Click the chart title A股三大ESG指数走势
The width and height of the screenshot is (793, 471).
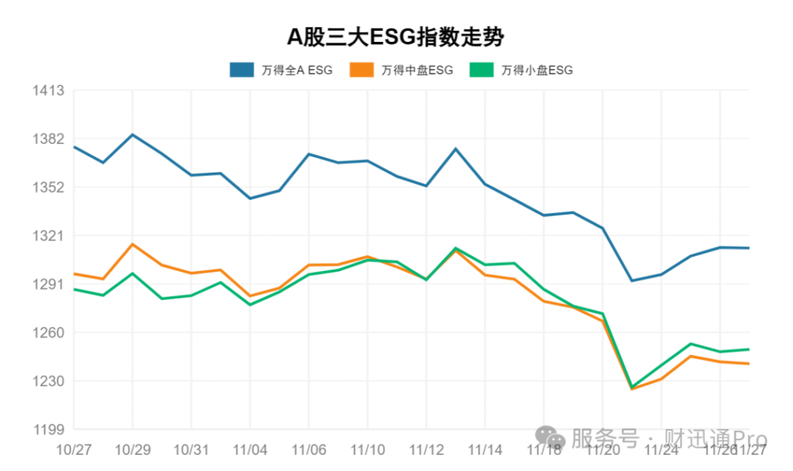396,36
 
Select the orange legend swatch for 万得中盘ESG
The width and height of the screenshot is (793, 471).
362,70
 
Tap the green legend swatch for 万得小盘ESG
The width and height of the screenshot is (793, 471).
482,70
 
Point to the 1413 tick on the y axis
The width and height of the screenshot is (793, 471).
49,91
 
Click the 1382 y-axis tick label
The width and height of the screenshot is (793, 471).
49,139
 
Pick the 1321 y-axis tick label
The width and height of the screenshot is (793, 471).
49,235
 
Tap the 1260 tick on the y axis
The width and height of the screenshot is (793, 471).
49,332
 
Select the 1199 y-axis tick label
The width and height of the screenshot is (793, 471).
49,429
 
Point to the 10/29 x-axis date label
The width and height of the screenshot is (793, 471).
132,450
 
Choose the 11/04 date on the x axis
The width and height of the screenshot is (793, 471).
250,450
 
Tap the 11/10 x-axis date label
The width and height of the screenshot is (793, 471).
368,450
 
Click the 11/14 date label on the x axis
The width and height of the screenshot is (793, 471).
485,450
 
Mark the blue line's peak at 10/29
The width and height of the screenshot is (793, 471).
132,135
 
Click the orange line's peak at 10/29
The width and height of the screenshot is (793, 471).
132,244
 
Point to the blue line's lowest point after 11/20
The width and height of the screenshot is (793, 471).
632,280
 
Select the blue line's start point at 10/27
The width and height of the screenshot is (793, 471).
74,146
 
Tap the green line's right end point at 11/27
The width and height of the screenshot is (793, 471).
749,349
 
